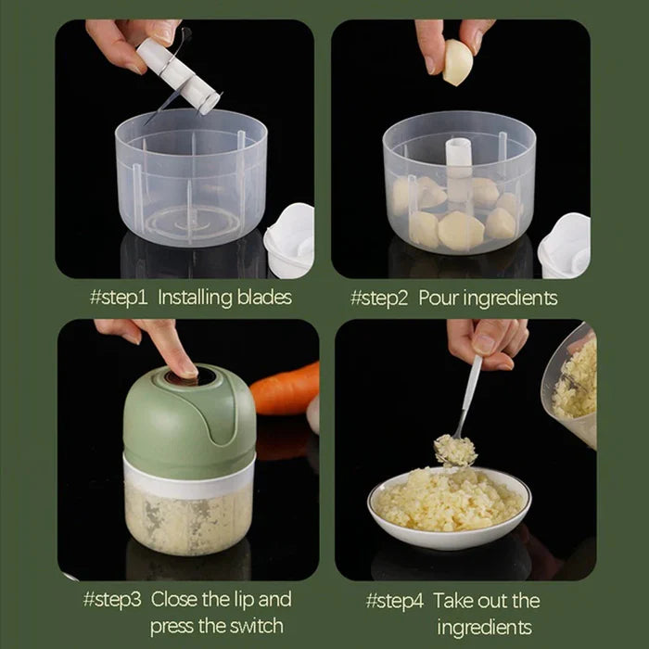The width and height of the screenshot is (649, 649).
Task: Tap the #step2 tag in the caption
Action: coord(381,298)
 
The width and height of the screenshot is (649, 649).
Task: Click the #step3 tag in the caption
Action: coord(112,599)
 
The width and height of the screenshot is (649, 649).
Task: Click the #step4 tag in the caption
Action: coord(396,599)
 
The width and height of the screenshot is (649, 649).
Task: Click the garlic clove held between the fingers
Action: coord(457,63)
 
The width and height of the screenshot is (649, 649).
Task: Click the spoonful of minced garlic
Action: coord(455,451)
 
